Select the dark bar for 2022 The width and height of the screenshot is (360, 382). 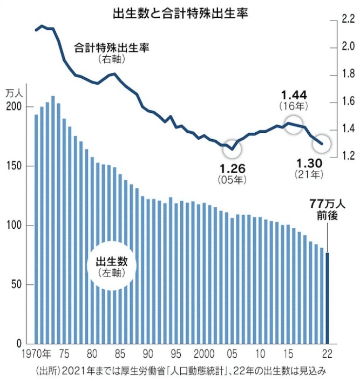pos(327,298)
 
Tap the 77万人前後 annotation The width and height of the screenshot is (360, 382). pos(324,209)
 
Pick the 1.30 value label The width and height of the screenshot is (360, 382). pos(309,163)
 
